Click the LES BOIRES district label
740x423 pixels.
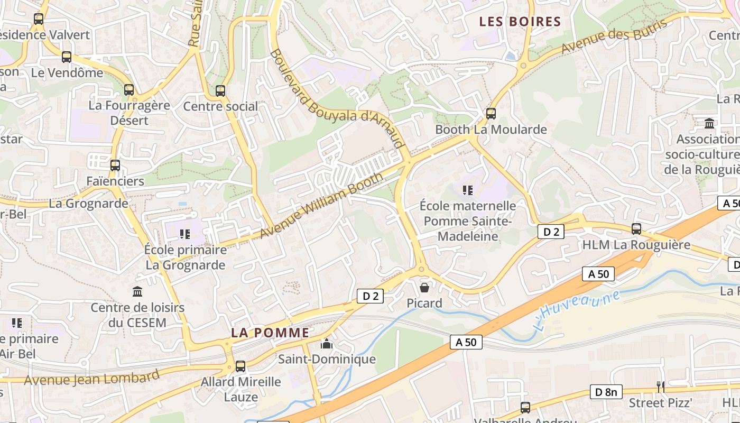point(520,22)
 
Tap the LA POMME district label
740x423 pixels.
point(270,333)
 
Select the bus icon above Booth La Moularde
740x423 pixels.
point(491,113)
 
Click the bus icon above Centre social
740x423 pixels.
point(220,90)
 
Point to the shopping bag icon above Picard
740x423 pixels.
point(424,288)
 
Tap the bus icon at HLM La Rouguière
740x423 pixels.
point(636,229)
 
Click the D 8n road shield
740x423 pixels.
point(606,392)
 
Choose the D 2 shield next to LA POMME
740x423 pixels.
point(371,296)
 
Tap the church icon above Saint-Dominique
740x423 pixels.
point(327,344)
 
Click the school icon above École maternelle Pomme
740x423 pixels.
point(467,190)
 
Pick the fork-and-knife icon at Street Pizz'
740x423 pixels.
point(660,387)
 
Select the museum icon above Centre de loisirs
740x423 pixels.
point(137,291)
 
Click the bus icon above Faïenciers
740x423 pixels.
point(115,165)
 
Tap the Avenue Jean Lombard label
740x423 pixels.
point(91,379)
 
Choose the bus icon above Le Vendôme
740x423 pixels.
point(67,57)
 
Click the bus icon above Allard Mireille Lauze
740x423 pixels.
point(240,366)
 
